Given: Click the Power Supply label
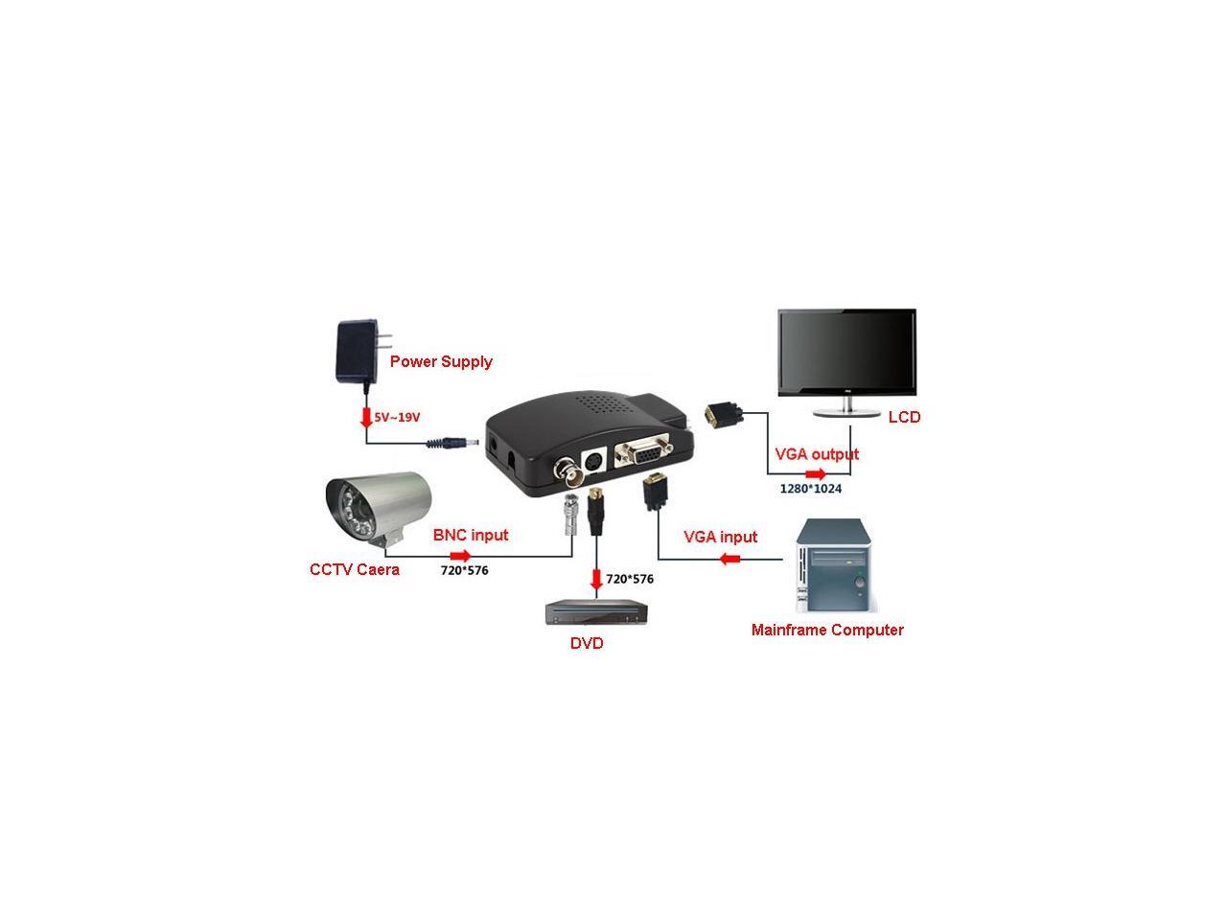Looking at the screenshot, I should (441, 361).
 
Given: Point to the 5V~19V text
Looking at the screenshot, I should (397, 418).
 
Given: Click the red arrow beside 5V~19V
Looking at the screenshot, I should (365, 419).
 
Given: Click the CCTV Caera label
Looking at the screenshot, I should (355, 570).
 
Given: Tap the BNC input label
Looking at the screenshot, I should (471, 535).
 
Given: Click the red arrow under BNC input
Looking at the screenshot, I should (461, 556).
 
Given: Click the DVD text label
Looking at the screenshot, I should (587, 644).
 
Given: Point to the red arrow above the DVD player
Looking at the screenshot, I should (596, 579).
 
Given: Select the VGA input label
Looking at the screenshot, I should (720, 537).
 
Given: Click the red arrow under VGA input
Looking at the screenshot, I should (730, 558).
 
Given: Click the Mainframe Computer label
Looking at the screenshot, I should (827, 630).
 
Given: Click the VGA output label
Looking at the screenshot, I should (817, 454).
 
